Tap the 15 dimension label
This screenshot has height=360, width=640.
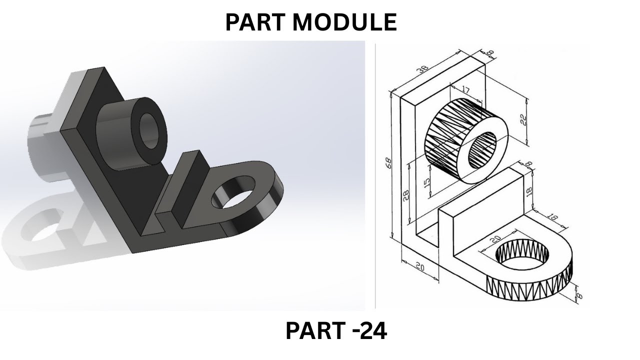coord(426,183)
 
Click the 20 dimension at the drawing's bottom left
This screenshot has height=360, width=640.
coord(419,267)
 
